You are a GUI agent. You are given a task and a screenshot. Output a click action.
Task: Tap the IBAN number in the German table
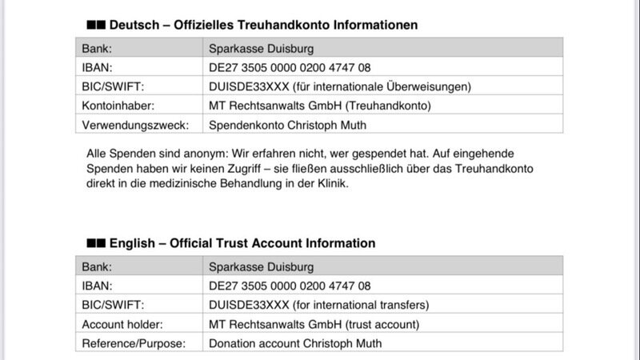(290, 67)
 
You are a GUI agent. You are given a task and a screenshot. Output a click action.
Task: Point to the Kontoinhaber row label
(117, 106)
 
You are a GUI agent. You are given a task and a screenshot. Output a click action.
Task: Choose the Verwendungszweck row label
(135, 126)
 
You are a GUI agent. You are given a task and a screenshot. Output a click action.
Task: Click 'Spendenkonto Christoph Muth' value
(286, 126)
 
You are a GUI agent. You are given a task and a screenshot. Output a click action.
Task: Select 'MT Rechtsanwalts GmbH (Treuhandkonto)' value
(319, 106)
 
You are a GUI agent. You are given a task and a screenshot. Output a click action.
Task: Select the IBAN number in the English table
(290, 286)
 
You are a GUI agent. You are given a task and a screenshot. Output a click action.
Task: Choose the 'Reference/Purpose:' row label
(134, 343)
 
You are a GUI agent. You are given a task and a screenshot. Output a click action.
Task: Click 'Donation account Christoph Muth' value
(295, 343)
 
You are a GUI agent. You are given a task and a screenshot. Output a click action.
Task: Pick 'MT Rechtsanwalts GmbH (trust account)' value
(314, 324)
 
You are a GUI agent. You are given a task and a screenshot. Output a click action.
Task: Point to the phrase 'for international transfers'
(360, 305)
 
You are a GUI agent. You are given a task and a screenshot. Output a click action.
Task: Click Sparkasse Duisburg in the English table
(261, 266)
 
